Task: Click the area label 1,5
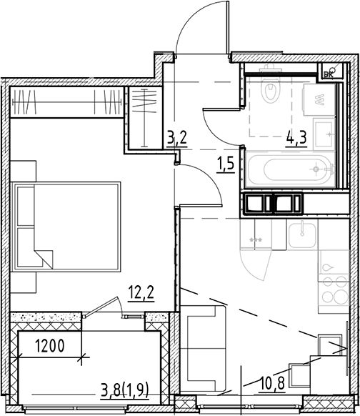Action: pyautogui.click(x=226, y=162)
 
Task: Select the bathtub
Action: pyautogui.click(x=289, y=170)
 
